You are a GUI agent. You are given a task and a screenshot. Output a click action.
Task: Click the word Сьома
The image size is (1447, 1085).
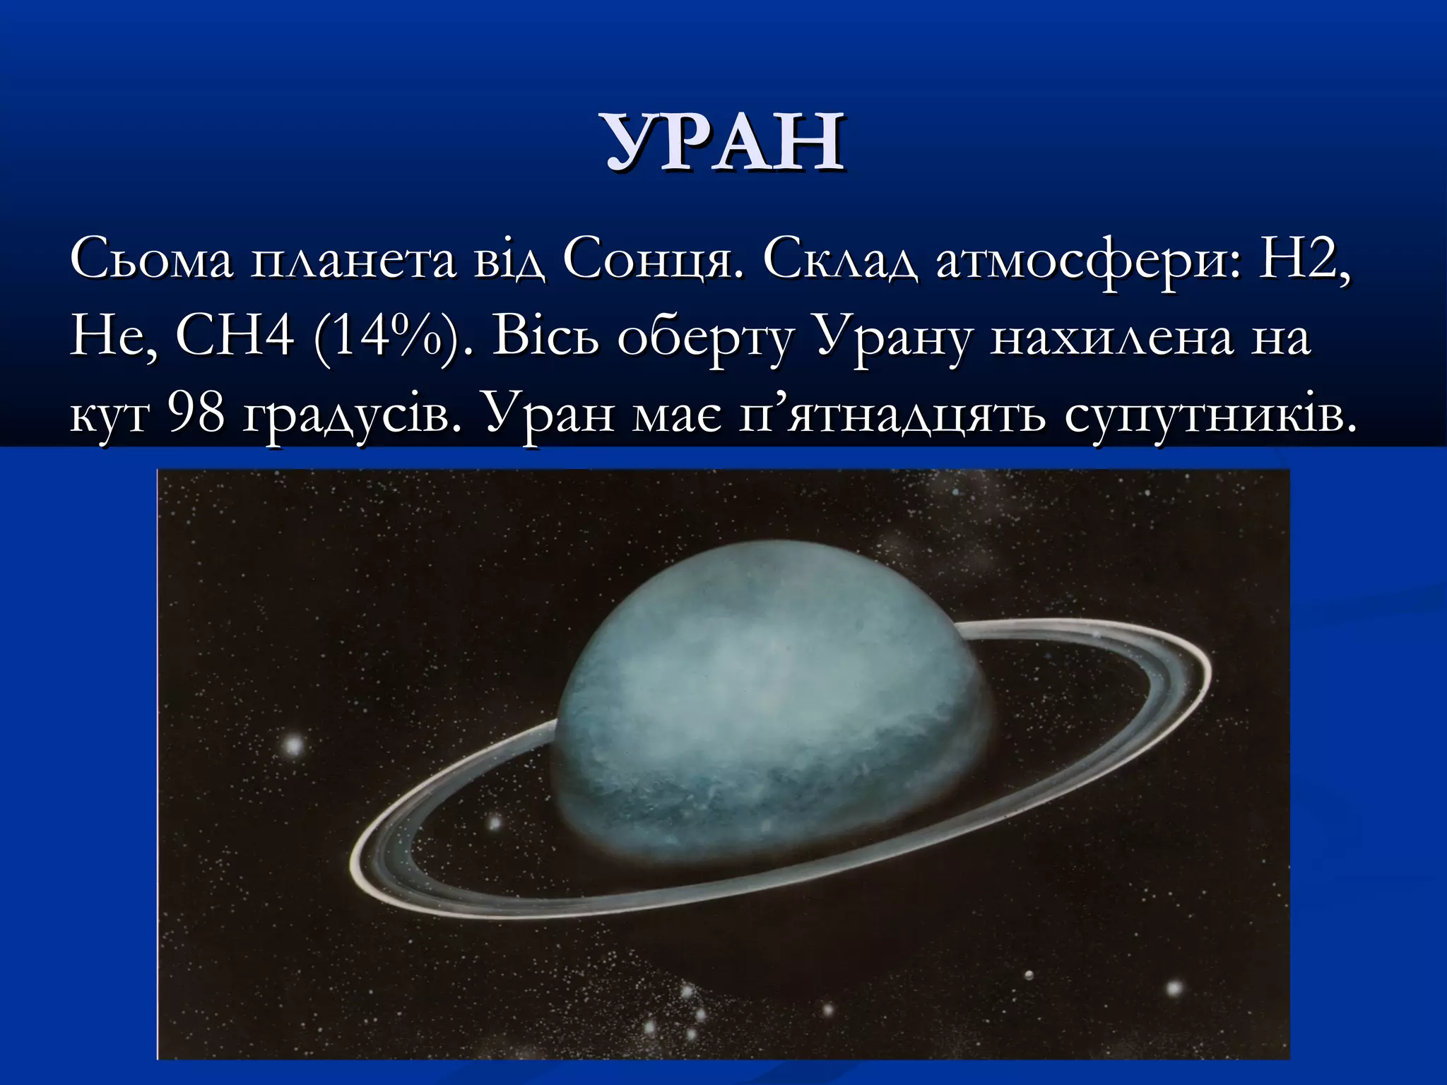[151, 261]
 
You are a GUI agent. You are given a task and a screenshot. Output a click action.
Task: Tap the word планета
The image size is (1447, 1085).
[354, 261]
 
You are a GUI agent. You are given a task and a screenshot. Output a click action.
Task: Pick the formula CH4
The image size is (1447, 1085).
[235, 336]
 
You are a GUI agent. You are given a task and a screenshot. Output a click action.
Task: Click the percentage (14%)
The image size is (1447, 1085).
[384, 338]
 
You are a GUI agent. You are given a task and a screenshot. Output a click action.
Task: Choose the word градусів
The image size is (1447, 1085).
[353, 416]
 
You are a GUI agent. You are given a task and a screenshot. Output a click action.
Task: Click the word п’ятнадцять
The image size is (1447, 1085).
[891, 416]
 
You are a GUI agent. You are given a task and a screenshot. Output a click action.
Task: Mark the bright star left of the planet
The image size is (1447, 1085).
[293, 745]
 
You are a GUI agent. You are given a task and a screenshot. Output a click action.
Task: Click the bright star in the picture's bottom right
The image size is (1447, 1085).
[1174, 988]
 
